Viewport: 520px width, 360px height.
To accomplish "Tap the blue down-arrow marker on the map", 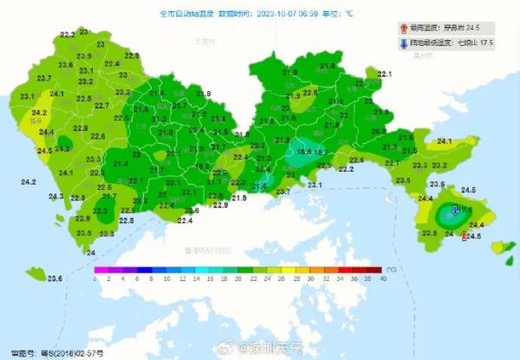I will click(x=453, y=211).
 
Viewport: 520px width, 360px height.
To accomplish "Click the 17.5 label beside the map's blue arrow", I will click(x=465, y=210).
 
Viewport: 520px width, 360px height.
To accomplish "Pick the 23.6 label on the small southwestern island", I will click(x=55, y=278).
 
